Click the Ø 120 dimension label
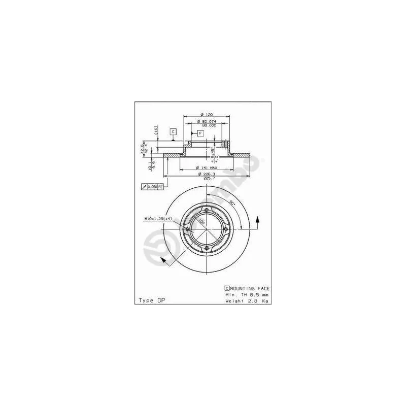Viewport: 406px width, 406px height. click(x=206, y=114)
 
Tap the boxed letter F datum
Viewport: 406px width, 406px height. click(x=200, y=133)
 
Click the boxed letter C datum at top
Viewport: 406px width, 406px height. click(x=173, y=132)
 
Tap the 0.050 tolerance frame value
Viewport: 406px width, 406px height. click(x=152, y=187)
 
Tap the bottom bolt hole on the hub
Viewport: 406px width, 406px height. click(x=207, y=248)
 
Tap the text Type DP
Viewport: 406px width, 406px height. click(x=152, y=300)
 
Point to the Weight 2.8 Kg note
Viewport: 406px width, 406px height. click(x=247, y=300)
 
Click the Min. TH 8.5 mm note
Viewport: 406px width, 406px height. click(x=247, y=294)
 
